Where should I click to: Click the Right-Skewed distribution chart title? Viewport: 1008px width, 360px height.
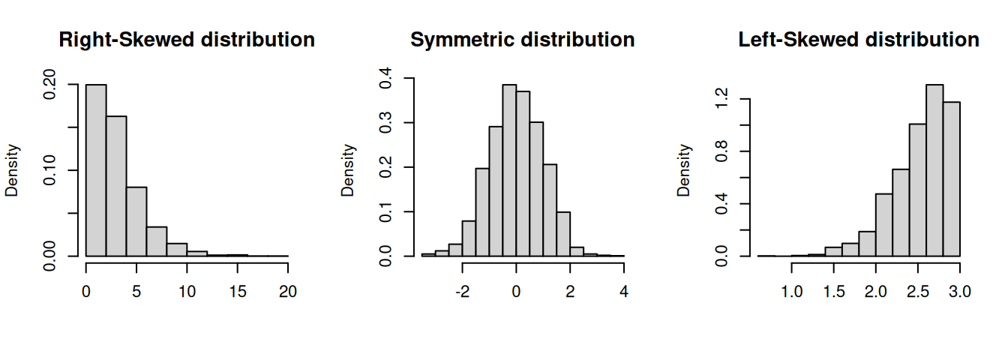187,40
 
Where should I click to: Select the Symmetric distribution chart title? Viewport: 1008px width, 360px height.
522,40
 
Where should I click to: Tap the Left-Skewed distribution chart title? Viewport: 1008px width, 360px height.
859,40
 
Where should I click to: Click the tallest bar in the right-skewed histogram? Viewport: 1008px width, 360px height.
96,170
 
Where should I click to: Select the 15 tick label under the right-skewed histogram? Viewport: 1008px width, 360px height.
238,291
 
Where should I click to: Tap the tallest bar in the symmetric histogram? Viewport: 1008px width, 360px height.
509,170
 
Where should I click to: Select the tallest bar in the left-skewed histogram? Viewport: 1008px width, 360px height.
934,170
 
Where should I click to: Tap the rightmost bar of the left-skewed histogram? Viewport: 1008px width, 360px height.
951,179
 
